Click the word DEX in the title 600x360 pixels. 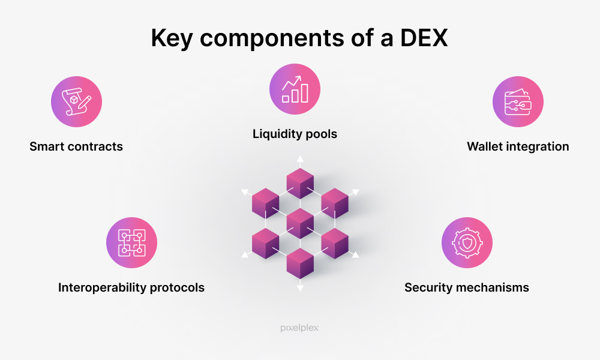coord(424,38)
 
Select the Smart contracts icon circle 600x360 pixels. coord(77,102)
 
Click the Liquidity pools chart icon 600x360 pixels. coord(295,89)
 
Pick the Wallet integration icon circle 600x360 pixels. coord(518,102)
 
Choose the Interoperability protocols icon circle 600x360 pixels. coord(131,242)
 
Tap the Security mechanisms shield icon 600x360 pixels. coord(467,242)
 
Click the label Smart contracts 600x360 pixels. coord(76,146)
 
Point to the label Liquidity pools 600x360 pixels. coord(295,134)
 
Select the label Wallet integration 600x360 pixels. coord(518,147)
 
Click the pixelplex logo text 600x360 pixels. coord(299,328)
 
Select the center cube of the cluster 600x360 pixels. coord(300,223)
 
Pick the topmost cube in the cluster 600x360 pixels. coord(300,183)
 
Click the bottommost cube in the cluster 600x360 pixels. coord(300,263)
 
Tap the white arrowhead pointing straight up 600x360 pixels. coord(301,159)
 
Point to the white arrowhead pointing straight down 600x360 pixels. coord(301,287)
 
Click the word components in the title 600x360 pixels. coord(272,39)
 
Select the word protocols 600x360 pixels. coord(177,287)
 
